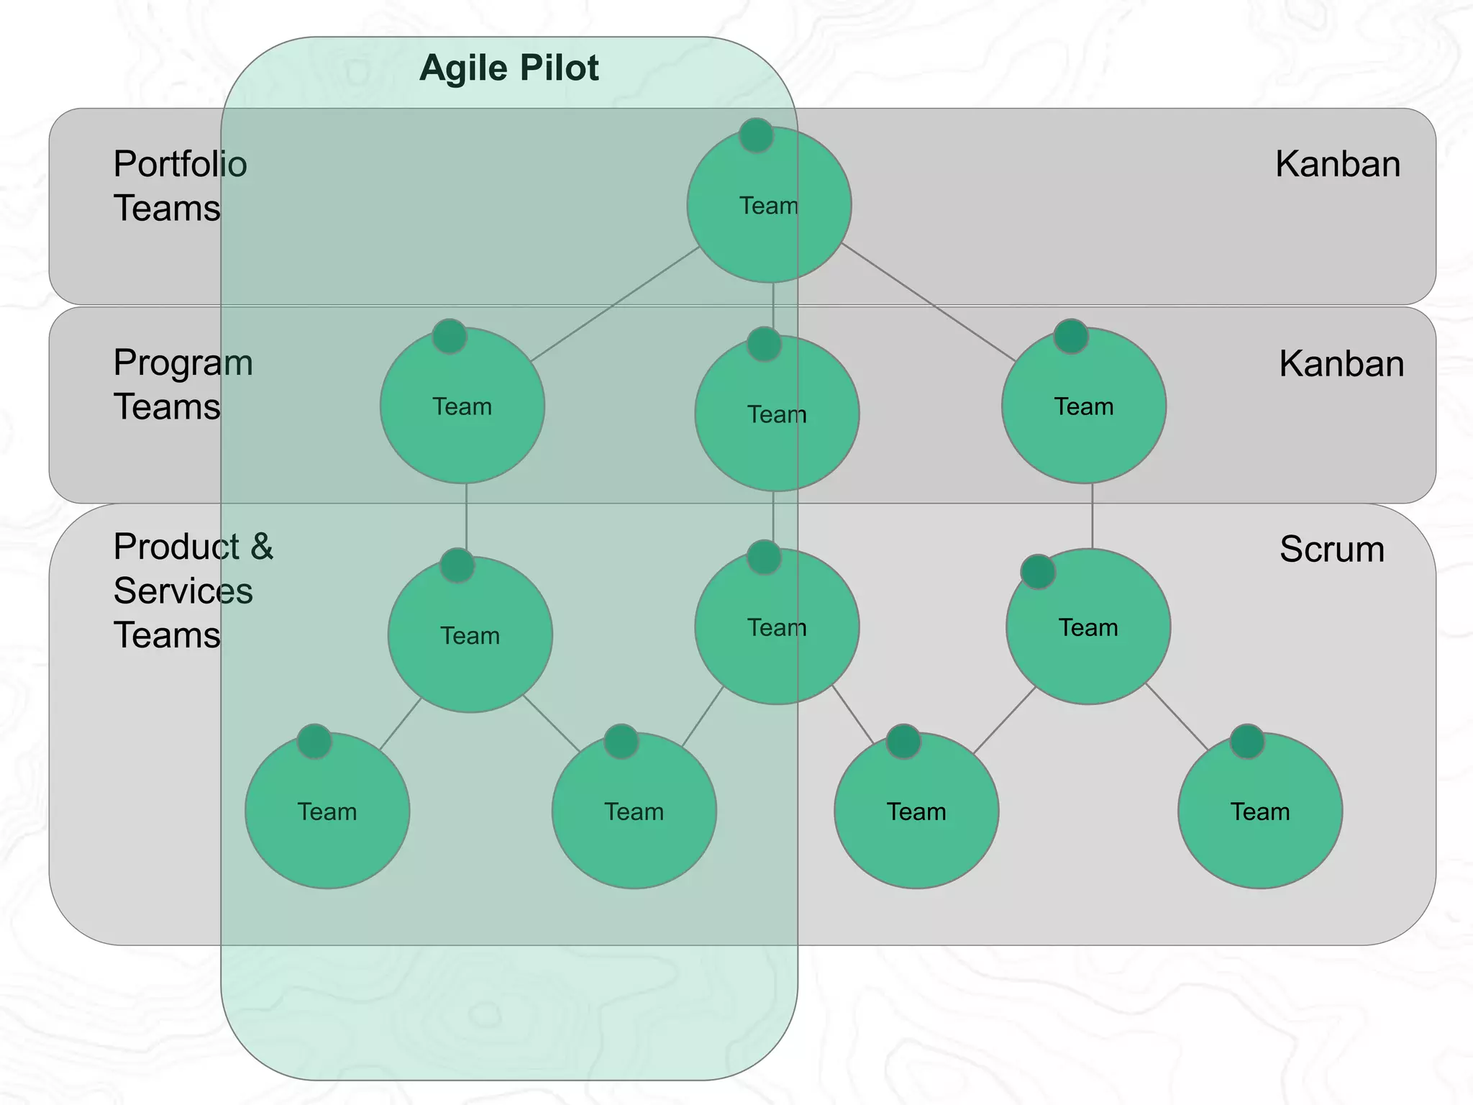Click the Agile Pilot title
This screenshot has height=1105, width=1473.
pos(509,68)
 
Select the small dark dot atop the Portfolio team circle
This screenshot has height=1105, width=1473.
pos(756,135)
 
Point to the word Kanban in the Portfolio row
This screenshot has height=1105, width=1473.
pos(1337,164)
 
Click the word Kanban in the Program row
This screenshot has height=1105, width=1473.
pos(1341,364)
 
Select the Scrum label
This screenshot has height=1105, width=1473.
pos(1331,550)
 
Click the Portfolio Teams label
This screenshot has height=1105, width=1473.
pos(180,186)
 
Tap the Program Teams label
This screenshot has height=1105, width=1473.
pos(183,384)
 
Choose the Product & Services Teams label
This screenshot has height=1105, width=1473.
pos(193,591)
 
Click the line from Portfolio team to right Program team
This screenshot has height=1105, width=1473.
pos(928,302)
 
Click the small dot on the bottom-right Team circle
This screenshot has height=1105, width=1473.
pos(1246,742)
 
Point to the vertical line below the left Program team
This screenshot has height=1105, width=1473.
pos(466,517)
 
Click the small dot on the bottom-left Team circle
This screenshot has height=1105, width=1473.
pos(314,742)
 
